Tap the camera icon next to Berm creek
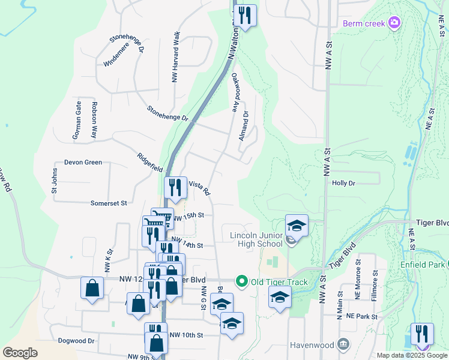point(394,23)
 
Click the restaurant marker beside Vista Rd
point(175,188)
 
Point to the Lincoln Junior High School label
point(256,239)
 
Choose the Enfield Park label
point(423,265)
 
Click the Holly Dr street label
point(344,183)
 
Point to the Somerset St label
point(109,203)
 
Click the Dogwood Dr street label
point(76,341)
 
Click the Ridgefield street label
point(149,162)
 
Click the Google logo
point(20,353)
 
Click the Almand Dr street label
point(243,126)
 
